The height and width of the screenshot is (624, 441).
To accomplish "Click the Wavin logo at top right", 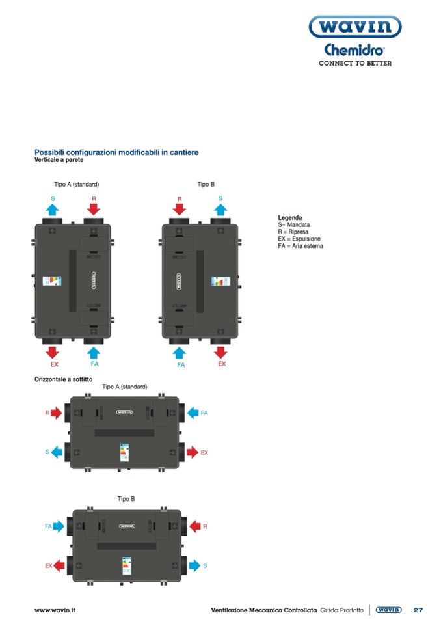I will pyautogui.click(x=354, y=27).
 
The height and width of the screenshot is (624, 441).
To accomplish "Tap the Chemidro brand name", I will pyautogui.click(x=354, y=50).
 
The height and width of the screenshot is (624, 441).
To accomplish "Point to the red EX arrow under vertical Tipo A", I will pyautogui.click(x=53, y=352).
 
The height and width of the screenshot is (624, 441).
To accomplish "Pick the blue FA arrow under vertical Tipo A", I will pyautogui.click(x=94, y=352).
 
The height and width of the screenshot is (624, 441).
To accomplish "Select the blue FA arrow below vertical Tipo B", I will pyautogui.click(x=180, y=352).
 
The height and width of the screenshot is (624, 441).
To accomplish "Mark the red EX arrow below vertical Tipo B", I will pyautogui.click(x=221, y=352).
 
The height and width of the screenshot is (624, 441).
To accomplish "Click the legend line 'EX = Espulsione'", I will pyautogui.click(x=299, y=239).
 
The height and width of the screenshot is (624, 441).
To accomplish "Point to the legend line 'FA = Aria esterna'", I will pyautogui.click(x=301, y=246).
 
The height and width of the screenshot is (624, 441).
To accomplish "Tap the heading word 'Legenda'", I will pyautogui.click(x=289, y=218).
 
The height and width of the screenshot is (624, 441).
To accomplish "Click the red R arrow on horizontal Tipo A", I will pyautogui.click(x=56, y=413).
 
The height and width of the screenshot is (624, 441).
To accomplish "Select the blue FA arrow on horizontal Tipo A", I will pyautogui.click(x=193, y=413).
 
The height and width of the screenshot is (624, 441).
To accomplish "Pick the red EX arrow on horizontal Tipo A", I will pyautogui.click(x=193, y=452).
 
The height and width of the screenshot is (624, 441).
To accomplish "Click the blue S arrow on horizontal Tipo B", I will pyautogui.click(x=194, y=565).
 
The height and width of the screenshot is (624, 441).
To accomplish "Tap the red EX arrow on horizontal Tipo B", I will pyautogui.click(x=59, y=565).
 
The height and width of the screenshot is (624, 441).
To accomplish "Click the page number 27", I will pyautogui.click(x=418, y=610).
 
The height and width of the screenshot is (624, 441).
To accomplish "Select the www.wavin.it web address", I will pyautogui.click(x=55, y=610).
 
